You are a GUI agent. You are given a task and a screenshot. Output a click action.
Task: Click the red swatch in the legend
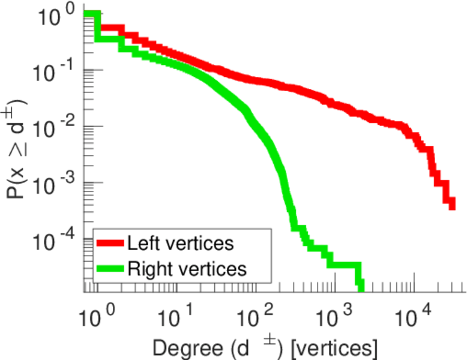(x=110, y=244)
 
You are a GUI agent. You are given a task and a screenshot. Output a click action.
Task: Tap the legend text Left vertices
(x=180, y=244)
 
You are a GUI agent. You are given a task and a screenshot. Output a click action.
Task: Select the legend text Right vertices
(x=187, y=269)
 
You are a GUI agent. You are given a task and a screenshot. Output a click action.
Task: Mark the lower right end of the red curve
(x=451, y=205)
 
